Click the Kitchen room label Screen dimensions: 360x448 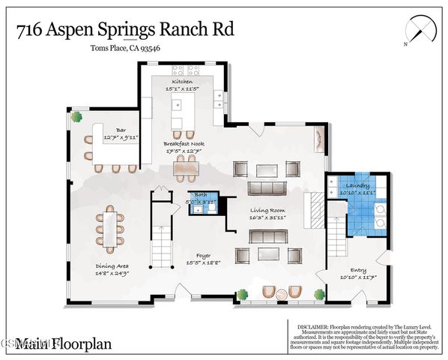[x=181, y=82]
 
